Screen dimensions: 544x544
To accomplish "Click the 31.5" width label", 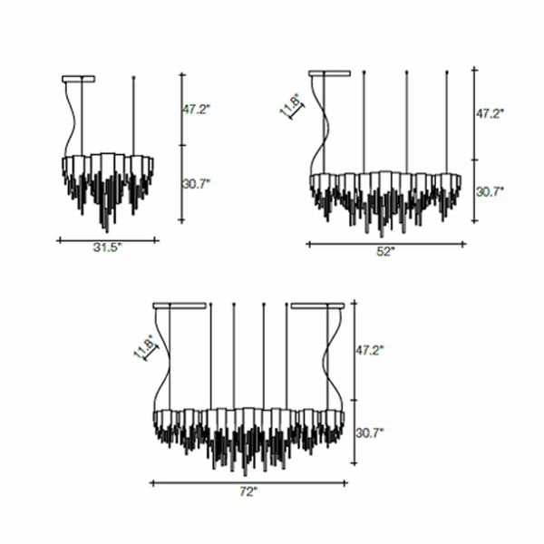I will tap(107, 247).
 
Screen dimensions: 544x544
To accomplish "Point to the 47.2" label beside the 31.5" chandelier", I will tap(196, 109).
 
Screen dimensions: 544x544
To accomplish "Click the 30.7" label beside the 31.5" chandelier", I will tap(196, 183).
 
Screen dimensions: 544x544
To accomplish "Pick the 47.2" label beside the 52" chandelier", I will tap(491, 114).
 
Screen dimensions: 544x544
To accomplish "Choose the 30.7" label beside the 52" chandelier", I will tap(491, 191).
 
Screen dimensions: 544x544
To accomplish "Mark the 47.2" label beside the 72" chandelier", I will tap(370, 348).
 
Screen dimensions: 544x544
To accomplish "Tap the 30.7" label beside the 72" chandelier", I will tap(370, 432).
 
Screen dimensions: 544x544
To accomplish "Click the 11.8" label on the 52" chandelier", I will tap(290, 108).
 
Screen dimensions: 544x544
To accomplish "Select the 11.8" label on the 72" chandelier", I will tap(144, 347).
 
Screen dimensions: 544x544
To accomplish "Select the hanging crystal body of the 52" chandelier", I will tap(384, 192).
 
